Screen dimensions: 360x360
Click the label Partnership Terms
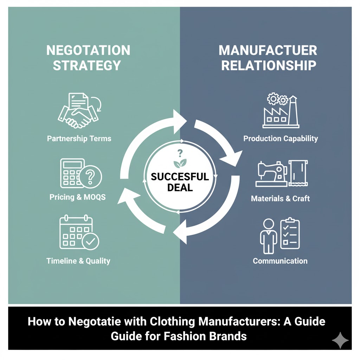click(x=79, y=139)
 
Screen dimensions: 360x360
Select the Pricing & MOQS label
click(x=77, y=197)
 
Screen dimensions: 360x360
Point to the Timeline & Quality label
click(x=78, y=261)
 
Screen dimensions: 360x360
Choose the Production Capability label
click(x=281, y=139)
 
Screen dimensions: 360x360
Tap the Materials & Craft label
click(x=280, y=199)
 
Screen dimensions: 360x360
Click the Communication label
click(x=280, y=261)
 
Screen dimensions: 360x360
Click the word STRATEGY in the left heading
click(x=87, y=65)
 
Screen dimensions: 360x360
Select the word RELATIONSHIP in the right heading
click(x=269, y=65)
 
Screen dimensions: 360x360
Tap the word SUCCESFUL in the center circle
click(x=180, y=177)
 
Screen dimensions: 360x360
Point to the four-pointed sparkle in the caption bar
click(x=340, y=340)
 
